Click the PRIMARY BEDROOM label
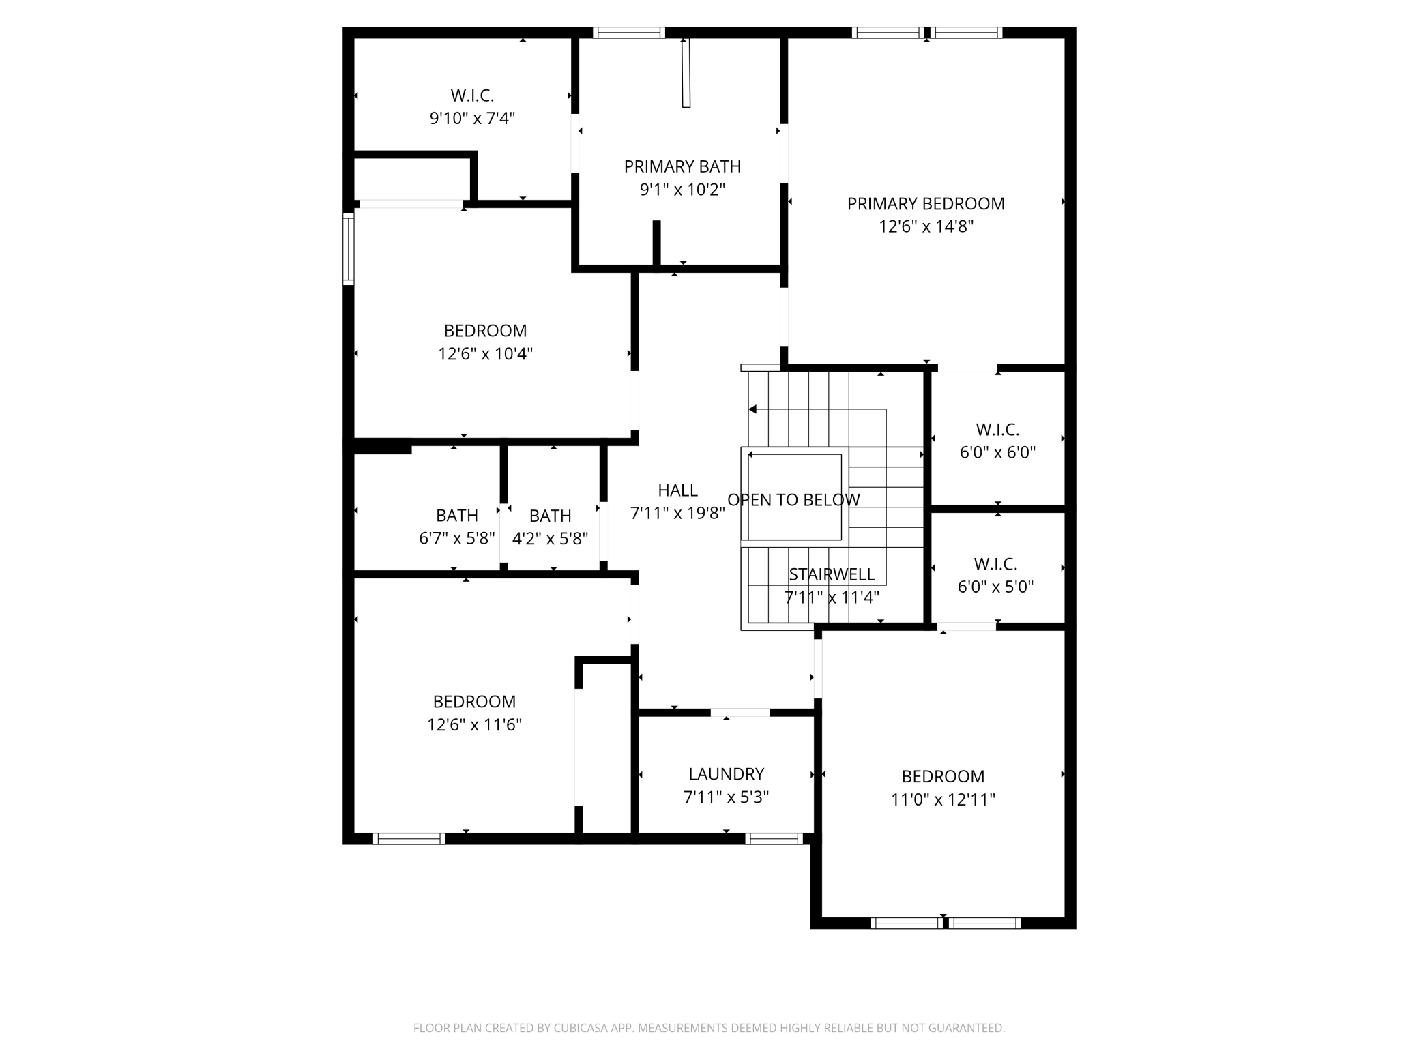click(926, 204)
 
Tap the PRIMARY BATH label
click(682, 166)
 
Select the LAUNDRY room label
click(726, 774)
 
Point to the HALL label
click(677, 490)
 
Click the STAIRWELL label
click(832, 574)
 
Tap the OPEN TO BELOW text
click(793, 500)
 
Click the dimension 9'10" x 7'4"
click(472, 119)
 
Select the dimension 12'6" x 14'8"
click(926, 226)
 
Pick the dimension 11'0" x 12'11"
click(943, 799)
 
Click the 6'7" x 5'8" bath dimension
click(457, 539)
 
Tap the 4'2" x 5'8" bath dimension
click(550, 539)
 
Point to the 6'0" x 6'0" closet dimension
click(997, 452)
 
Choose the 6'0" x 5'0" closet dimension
click(995, 587)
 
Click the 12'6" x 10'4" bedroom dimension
click(485, 354)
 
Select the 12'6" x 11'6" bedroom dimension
click(474, 724)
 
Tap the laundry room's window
click(774, 839)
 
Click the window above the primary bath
click(628, 32)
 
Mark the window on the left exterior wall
click(348, 248)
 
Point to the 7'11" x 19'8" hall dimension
click(677, 514)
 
